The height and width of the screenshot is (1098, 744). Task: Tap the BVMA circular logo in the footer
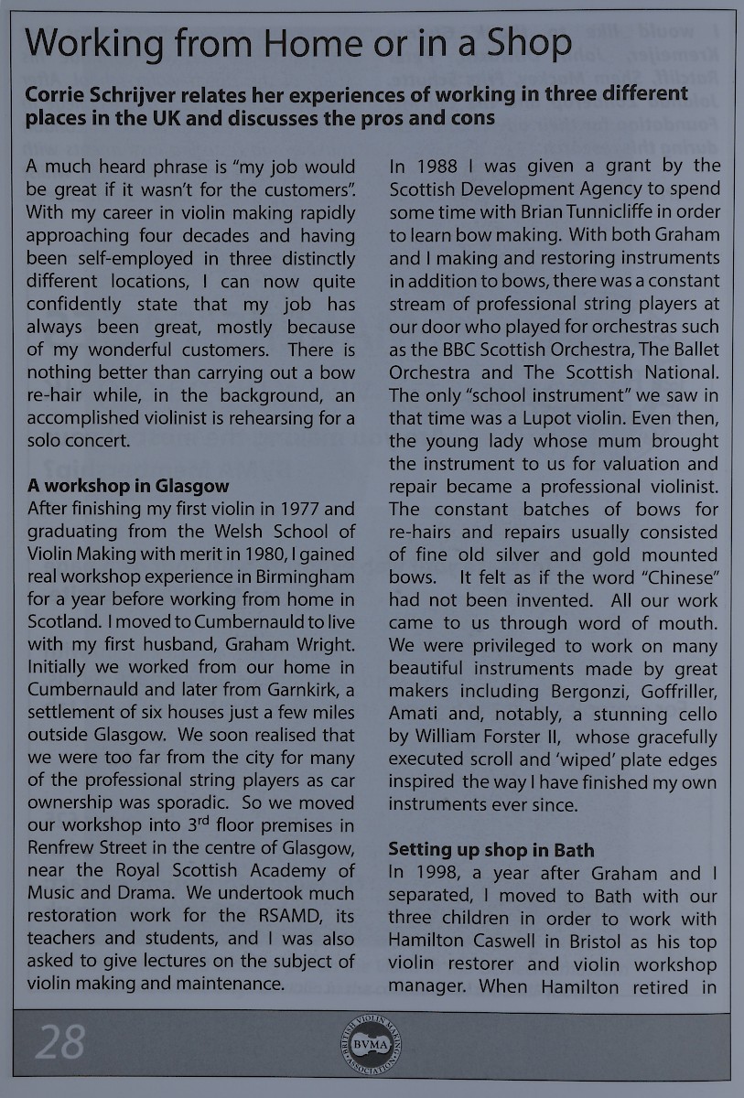pos(372,1044)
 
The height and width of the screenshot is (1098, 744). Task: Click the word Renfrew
pos(59,846)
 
